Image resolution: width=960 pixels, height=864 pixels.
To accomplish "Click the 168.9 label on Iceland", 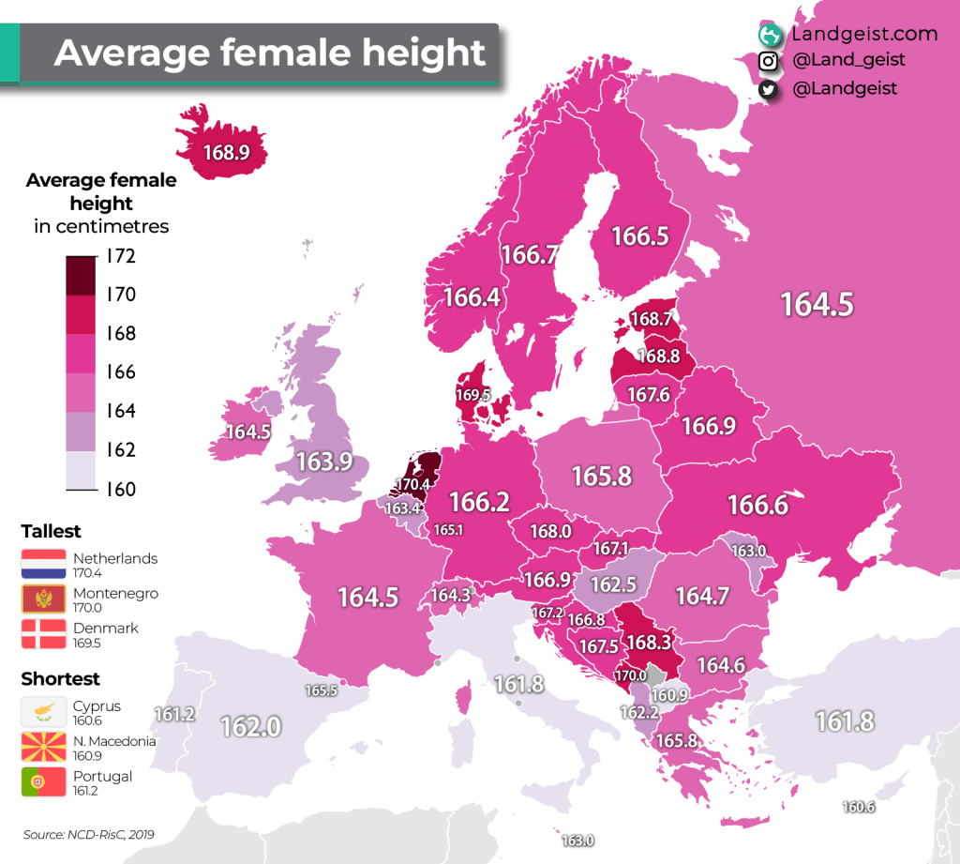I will point(224,151).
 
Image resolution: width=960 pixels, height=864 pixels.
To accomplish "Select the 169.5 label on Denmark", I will point(472,395).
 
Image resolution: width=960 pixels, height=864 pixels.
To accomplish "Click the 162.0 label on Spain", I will point(250,726).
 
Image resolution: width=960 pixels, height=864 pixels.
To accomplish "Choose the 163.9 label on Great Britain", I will point(324,462).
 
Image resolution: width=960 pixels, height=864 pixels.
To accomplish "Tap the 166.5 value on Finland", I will point(639,235).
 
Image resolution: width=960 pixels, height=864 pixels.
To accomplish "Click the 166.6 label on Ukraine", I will point(757,505).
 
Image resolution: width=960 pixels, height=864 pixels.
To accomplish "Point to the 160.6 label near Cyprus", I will point(858,807).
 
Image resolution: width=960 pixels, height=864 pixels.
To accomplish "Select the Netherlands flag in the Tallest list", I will point(44,565).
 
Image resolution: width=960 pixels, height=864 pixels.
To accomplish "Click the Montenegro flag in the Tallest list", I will point(44,599).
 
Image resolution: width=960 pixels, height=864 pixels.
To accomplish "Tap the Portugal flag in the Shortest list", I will point(44,782).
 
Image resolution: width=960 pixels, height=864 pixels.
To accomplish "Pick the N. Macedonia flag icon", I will point(44,748).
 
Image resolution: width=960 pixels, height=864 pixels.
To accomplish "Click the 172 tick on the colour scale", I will point(121,256).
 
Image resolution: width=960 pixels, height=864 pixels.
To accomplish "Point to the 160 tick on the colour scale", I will point(121,489).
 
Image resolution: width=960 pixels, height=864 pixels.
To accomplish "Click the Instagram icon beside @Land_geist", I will point(769,61).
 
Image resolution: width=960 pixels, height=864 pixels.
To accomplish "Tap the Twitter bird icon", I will point(769,89).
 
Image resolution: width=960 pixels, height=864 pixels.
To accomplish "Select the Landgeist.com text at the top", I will point(863,34).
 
